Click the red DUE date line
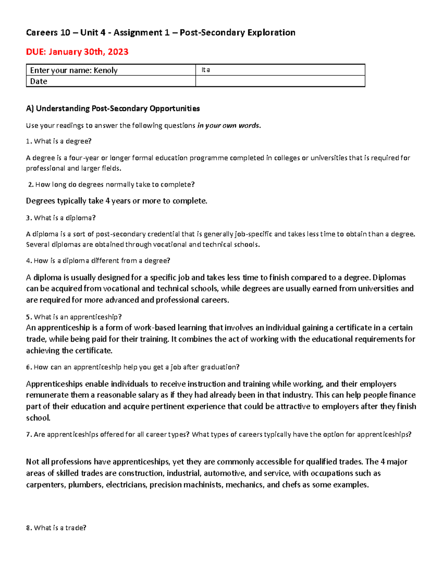click(77, 52)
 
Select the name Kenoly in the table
click(106, 70)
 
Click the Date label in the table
click(39, 81)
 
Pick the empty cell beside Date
click(280, 81)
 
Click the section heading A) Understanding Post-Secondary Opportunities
click(113, 108)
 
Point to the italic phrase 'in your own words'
click(228, 125)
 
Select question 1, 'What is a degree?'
click(59, 141)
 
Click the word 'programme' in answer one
click(209, 158)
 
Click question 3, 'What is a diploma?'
click(61, 218)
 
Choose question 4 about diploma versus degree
click(98, 261)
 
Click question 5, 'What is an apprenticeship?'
click(74, 317)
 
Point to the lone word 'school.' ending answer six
click(38, 418)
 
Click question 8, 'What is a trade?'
click(56, 528)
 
